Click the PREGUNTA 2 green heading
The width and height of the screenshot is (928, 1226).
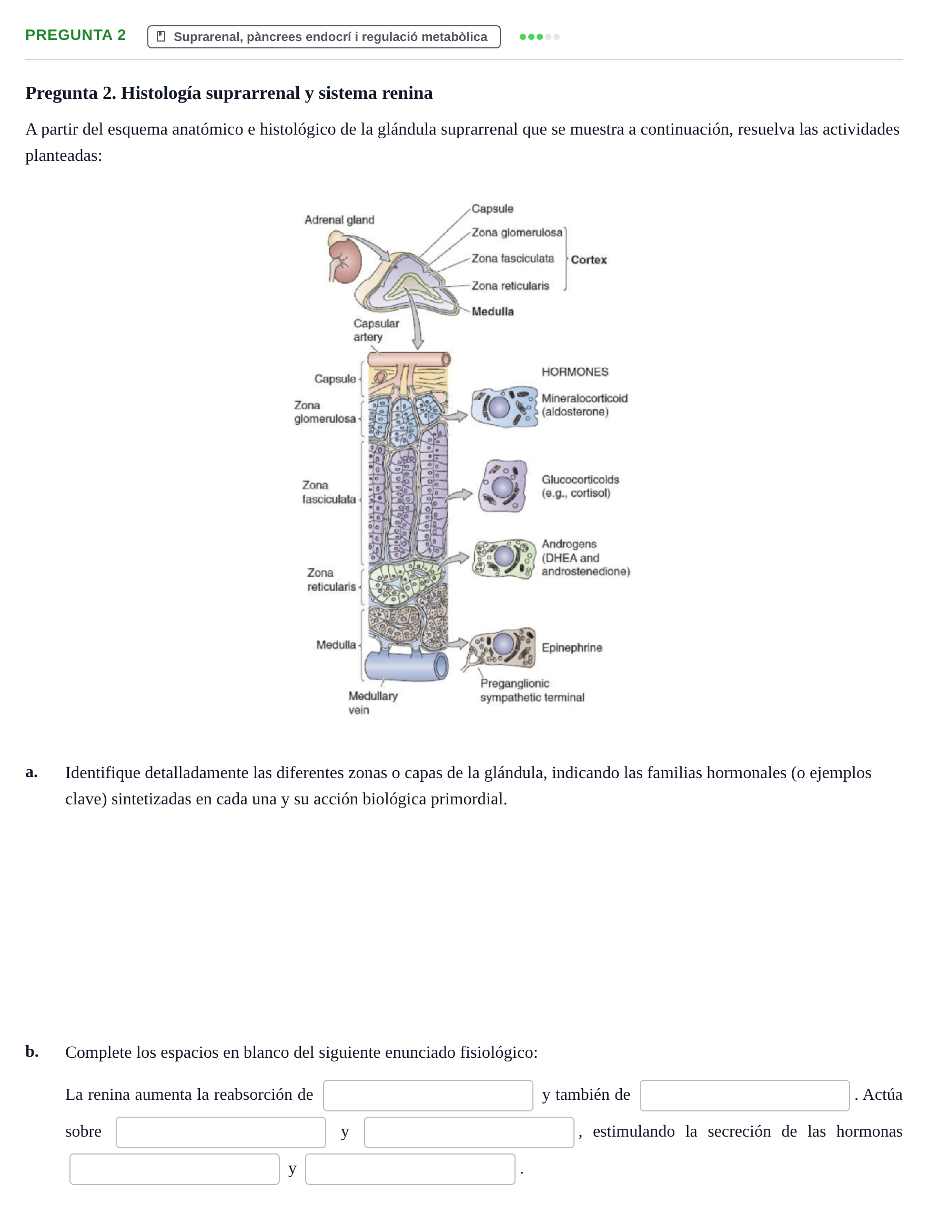pos(75,35)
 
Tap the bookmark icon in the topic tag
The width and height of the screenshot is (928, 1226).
pos(161,37)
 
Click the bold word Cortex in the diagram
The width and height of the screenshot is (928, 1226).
pos(589,259)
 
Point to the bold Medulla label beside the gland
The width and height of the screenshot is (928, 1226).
pos(492,311)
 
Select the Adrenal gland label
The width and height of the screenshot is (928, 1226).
pos(339,220)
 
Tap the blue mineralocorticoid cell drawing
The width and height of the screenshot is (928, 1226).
pos(504,407)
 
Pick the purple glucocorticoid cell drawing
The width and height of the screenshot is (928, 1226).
pos(503,486)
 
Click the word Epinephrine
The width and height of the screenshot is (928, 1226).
pos(571,648)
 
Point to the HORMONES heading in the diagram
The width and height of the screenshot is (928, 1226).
pos(574,372)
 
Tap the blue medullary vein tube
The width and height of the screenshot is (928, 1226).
pos(407,666)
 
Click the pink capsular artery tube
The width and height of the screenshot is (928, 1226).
pos(409,359)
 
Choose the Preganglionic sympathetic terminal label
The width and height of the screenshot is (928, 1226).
pos(532,691)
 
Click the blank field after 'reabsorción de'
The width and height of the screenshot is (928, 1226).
pos(428,1095)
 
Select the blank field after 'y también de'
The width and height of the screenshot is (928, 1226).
pos(744,1095)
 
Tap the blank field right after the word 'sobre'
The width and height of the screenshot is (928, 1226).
pos(221,1132)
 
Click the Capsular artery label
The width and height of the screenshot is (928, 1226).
pos(376,330)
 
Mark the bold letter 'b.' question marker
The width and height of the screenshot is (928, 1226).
pos(32,1051)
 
